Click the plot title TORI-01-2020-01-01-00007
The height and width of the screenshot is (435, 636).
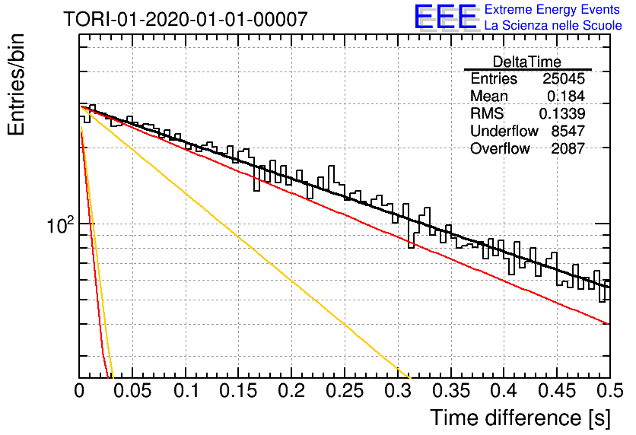(x=186, y=19)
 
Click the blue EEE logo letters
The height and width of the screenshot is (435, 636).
(x=445, y=17)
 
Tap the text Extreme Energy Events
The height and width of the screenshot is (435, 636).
(x=552, y=9)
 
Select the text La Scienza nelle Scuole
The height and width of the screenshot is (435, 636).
(x=553, y=25)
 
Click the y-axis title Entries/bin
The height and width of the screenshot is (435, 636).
(x=16, y=84)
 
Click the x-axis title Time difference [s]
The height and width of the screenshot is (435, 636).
(x=520, y=418)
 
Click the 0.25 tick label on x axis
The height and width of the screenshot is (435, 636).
(x=345, y=391)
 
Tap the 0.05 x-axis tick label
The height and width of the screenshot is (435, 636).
(x=132, y=391)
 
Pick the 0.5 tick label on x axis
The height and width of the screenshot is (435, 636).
(x=610, y=391)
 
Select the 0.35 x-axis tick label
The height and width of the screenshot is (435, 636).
(x=450, y=391)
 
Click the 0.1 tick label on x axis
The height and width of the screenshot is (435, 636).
(x=186, y=391)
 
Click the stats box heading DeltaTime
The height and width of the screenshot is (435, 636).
(x=527, y=62)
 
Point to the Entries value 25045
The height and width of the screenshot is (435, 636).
(x=564, y=78)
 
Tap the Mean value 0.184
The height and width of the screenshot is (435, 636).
(x=566, y=96)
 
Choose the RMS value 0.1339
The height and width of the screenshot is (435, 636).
(x=561, y=113)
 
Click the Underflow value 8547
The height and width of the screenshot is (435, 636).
(x=568, y=131)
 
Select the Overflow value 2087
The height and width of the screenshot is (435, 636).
(x=568, y=148)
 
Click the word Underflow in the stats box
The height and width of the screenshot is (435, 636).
(x=504, y=131)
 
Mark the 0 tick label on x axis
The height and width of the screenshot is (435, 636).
(x=79, y=391)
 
